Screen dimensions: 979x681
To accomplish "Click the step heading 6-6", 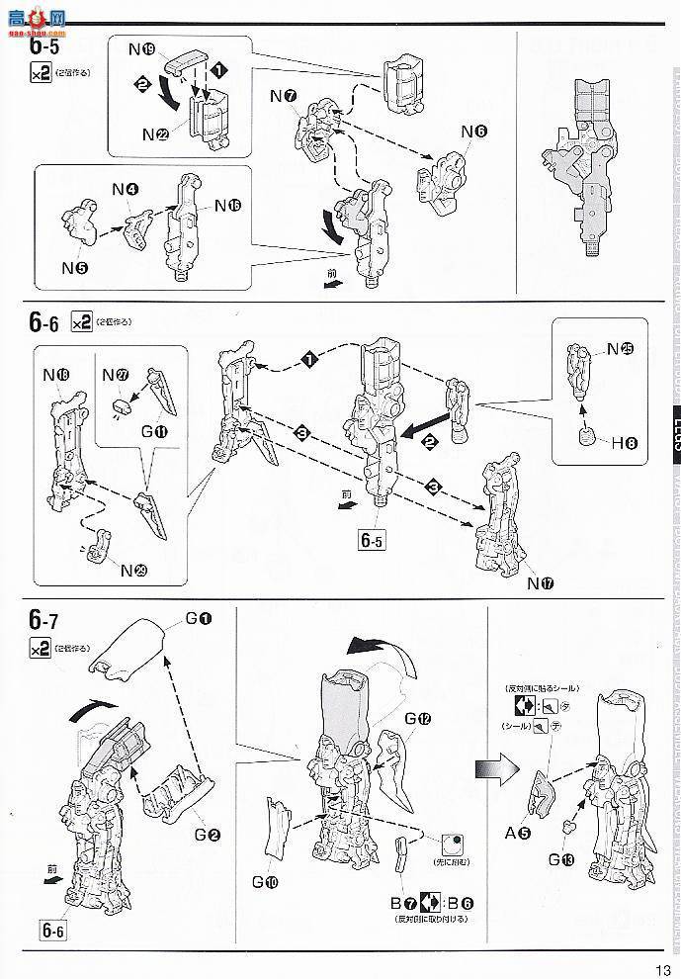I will click(x=44, y=322).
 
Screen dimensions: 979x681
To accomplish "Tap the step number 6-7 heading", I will click(x=45, y=622).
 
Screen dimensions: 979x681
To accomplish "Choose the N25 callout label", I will click(x=620, y=348).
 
